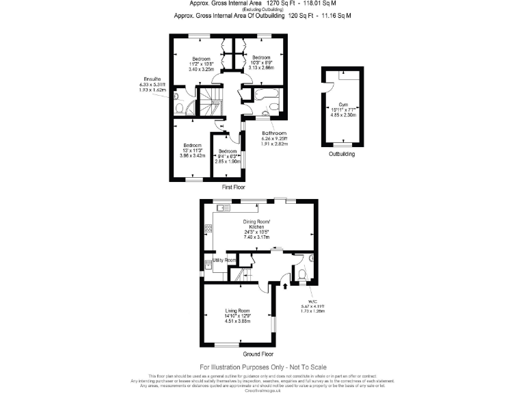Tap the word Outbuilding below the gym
(x=342, y=154)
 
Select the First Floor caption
(x=234, y=187)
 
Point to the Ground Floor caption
(x=259, y=354)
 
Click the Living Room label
(x=239, y=311)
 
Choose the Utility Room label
(x=224, y=261)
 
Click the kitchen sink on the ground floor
(x=224, y=207)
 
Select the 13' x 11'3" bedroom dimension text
(x=192, y=151)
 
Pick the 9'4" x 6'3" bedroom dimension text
(x=228, y=156)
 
